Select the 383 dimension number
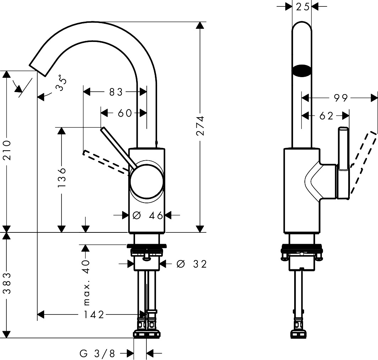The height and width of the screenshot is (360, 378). pos(7,284)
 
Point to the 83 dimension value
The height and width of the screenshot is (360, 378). pos(116,92)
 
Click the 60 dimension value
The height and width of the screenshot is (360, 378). pos(124,113)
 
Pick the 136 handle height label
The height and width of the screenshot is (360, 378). pos(62,177)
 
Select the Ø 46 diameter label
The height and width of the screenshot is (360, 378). pos(147,215)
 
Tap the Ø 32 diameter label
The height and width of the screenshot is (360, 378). pos(191,264)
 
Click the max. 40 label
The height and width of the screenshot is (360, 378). pos(86,282)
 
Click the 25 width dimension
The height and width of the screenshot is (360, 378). pos(302,6)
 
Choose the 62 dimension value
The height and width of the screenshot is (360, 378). pos(326,116)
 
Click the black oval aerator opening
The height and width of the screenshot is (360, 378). pos(302,70)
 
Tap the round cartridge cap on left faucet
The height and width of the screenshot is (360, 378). pos(147,182)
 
